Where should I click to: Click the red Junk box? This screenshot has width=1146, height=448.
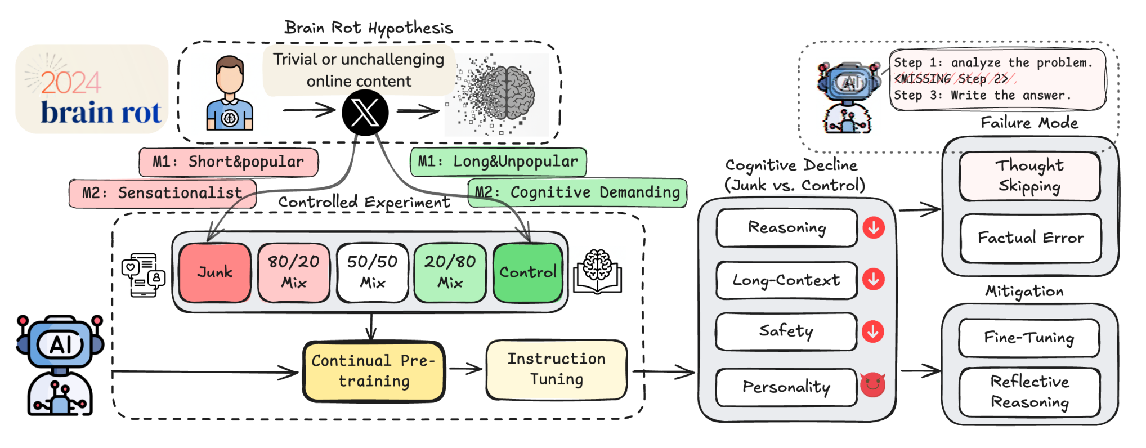coord(215,272)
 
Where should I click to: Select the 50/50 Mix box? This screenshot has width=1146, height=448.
coord(372,272)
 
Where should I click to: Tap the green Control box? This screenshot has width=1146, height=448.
coord(527,272)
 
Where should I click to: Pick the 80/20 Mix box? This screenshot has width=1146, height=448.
coord(294,272)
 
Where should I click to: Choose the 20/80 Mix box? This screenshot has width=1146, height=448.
coord(450,272)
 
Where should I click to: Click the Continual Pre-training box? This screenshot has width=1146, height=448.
coord(374,371)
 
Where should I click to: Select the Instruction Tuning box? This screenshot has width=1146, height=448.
coord(556,369)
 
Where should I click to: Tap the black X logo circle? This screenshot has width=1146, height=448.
coord(365,113)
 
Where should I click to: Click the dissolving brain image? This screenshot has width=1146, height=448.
coord(496,95)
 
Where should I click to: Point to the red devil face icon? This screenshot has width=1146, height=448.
coord(872,384)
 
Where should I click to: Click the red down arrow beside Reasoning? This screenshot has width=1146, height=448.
coord(874,228)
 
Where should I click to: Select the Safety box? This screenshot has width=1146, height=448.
coord(786,331)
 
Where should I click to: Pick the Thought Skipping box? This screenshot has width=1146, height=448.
coord(1029,176)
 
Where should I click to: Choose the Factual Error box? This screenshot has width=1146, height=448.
coord(1030,238)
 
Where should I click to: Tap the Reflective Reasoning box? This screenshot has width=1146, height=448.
coord(1029,392)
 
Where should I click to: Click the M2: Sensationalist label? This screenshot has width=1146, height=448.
coord(162,194)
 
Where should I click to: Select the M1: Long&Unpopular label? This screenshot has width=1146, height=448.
coord(498,162)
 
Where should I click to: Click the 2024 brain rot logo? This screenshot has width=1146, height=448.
coord(92,89)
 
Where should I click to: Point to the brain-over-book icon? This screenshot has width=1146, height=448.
coord(597,271)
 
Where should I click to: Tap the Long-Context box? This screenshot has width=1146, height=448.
coord(786,280)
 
